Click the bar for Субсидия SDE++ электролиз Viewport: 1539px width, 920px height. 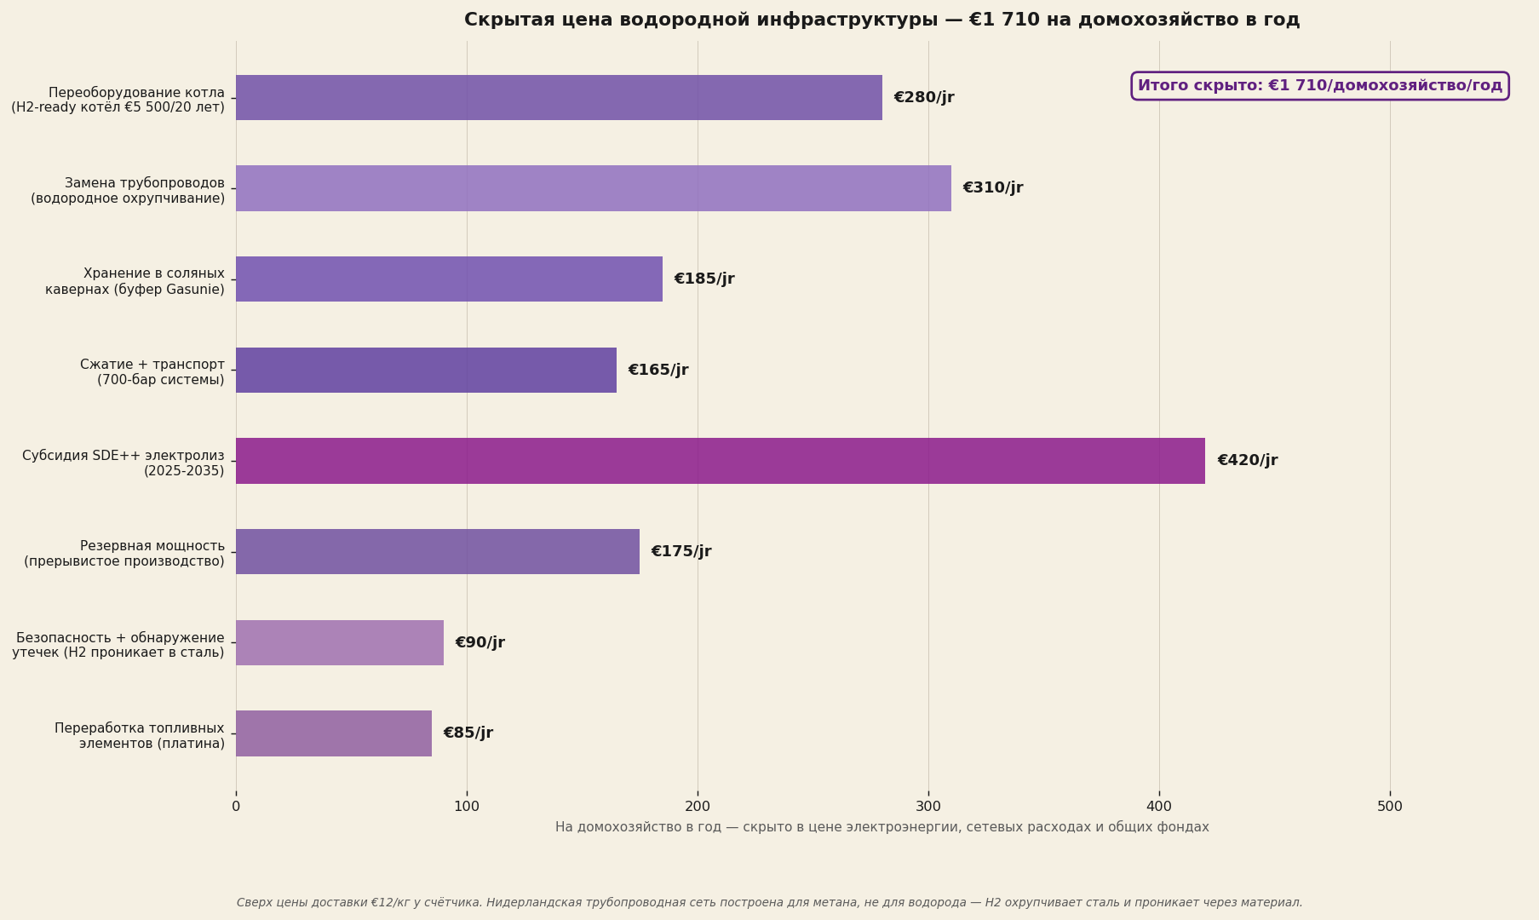[721, 461]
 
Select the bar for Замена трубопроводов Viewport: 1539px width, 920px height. [594, 188]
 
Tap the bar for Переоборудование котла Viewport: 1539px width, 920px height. [559, 97]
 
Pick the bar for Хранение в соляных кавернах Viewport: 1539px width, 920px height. [449, 279]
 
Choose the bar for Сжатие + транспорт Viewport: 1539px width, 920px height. [426, 370]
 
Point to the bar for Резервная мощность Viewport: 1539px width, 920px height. [438, 552]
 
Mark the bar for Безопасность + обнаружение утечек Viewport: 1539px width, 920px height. [340, 642]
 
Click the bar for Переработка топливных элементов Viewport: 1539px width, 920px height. [334, 733]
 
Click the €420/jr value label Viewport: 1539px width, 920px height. [1247, 461]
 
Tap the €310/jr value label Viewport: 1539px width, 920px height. [993, 188]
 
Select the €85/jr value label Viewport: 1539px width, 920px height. [468, 733]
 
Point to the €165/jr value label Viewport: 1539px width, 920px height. [658, 370]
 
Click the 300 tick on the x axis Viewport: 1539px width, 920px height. [928, 807]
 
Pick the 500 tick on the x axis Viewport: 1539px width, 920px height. [1390, 807]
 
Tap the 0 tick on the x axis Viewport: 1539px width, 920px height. [236, 807]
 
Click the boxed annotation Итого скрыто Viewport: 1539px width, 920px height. [1320, 86]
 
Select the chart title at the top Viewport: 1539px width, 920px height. [881, 20]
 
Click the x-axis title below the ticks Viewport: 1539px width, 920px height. [881, 827]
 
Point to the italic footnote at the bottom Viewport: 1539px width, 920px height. [769, 903]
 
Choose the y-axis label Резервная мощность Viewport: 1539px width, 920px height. [124, 554]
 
